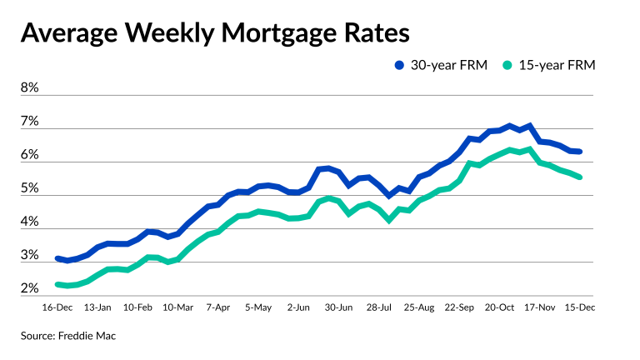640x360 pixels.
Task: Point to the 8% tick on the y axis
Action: point(30,88)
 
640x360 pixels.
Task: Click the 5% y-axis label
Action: point(30,188)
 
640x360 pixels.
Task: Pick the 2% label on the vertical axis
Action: point(30,288)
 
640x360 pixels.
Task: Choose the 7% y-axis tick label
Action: point(30,122)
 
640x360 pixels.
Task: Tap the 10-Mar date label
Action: point(179,307)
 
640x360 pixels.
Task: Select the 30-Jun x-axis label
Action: point(338,307)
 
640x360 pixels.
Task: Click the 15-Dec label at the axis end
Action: point(578,307)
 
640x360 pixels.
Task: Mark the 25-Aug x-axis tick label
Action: point(418,307)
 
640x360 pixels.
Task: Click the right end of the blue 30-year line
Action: point(579,152)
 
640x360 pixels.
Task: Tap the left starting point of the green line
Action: point(57,284)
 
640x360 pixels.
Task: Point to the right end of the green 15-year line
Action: point(579,177)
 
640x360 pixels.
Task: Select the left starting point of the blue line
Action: point(57,258)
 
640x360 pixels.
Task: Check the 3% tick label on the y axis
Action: point(30,255)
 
